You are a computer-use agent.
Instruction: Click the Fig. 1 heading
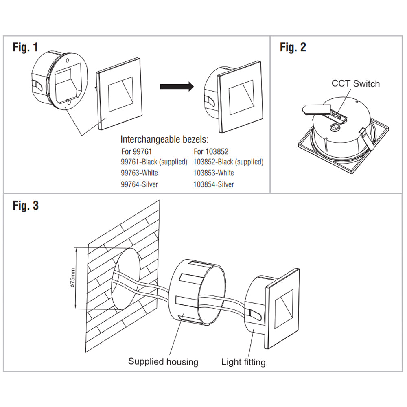(x=25, y=47)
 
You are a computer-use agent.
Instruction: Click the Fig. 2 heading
(x=293, y=47)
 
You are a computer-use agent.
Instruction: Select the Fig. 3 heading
(x=25, y=206)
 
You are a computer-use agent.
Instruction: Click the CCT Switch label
(x=355, y=84)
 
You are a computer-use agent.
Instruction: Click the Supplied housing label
(x=163, y=361)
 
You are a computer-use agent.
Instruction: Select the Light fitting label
(x=243, y=361)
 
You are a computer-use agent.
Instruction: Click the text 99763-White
(x=139, y=173)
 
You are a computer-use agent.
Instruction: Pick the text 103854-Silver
(x=214, y=184)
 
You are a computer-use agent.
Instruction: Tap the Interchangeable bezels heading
(x=164, y=140)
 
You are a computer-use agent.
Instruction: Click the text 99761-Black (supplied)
(x=154, y=162)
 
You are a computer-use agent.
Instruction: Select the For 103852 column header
(x=211, y=151)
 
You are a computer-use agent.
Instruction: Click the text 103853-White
(x=214, y=173)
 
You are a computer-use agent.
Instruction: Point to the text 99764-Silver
(x=139, y=184)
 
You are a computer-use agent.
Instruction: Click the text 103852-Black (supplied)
(x=228, y=162)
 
